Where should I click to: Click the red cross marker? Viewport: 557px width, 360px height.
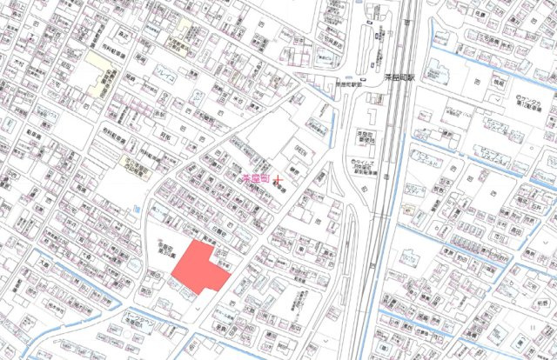pyautogui.click(x=278, y=178)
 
